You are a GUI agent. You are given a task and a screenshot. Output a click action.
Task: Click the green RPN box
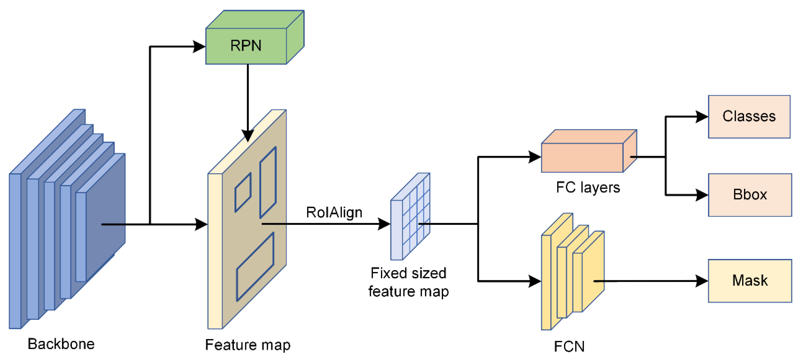click(246, 46)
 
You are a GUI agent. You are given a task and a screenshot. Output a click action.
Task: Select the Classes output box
click(749, 116)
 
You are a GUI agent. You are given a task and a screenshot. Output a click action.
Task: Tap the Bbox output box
click(750, 194)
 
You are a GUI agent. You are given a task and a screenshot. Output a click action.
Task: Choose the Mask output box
click(750, 280)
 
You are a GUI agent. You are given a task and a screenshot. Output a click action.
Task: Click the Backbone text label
click(61, 344)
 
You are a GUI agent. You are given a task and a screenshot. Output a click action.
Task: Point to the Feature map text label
click(248, 345)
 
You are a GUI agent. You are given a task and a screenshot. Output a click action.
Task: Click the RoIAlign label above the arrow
click(334, 212)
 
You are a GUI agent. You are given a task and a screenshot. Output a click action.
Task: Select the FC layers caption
click(588, 188)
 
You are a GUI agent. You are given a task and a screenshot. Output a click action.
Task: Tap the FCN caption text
click(569, 346)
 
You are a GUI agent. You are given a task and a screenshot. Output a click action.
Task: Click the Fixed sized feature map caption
click(408, 282)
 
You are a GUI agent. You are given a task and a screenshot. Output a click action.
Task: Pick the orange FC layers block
click(582, 157)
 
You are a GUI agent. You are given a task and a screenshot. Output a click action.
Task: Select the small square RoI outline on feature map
click(243, 192)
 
